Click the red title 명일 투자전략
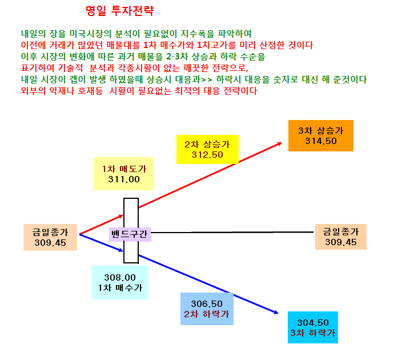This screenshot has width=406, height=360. (119, 11)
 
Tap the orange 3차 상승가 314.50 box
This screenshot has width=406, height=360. (321, 135)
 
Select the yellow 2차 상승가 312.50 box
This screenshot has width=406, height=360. (207, 149)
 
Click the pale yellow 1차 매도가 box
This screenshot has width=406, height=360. (124, 174)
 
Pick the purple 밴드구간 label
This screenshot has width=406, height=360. (130, 234)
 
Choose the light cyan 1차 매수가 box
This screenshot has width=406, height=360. (120, 282)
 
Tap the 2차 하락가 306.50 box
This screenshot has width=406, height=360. (207, 309)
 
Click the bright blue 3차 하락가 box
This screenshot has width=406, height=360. (313, 327)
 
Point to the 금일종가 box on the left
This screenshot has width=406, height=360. (50, 237)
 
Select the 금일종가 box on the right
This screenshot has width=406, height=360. (341, 237)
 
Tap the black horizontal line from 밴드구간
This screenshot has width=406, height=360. (232, 233)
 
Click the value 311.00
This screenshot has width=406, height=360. (124, 179)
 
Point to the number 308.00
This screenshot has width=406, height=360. (120, 278)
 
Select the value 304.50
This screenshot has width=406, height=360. (313, 323)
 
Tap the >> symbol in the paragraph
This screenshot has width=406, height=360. (207, 79)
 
